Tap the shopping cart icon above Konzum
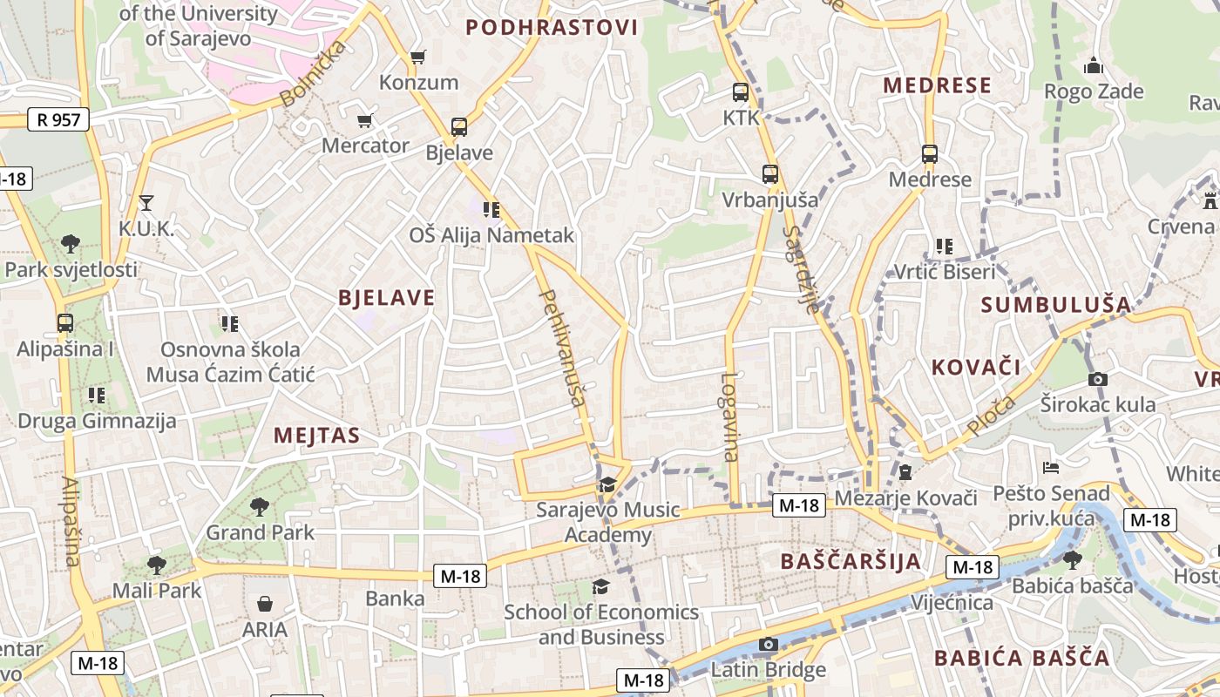tap(418, 58)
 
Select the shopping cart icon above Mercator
tap(365, 120)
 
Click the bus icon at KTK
tap(741, 92)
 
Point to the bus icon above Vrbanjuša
tap(769, 174)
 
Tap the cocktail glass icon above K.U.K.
tap(146, 203)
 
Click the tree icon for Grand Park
tap(259, 506)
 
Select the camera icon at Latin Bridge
tap(767, 645)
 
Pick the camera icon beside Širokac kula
tap(1098, 379)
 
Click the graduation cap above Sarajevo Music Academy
tap(607, 484)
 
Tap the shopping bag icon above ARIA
tap(265, 604)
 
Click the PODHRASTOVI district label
tap(552, 27)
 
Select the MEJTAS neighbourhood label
tap(317, 436)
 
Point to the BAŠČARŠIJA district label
tap(851, 561)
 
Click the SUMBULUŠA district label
tap(1056, 305)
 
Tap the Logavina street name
tap(729, 417)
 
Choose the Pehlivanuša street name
tap(563, 348)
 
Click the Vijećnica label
tap(952, 603)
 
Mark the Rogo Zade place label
tap(1094, 91)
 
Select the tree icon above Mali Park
tap(156, 565)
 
